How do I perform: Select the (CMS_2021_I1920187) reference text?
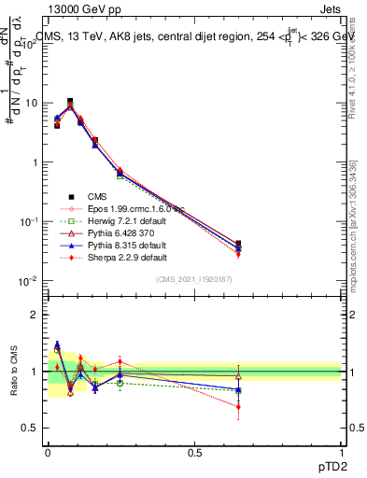[193, 279]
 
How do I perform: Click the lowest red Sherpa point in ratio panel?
[238, 407]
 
